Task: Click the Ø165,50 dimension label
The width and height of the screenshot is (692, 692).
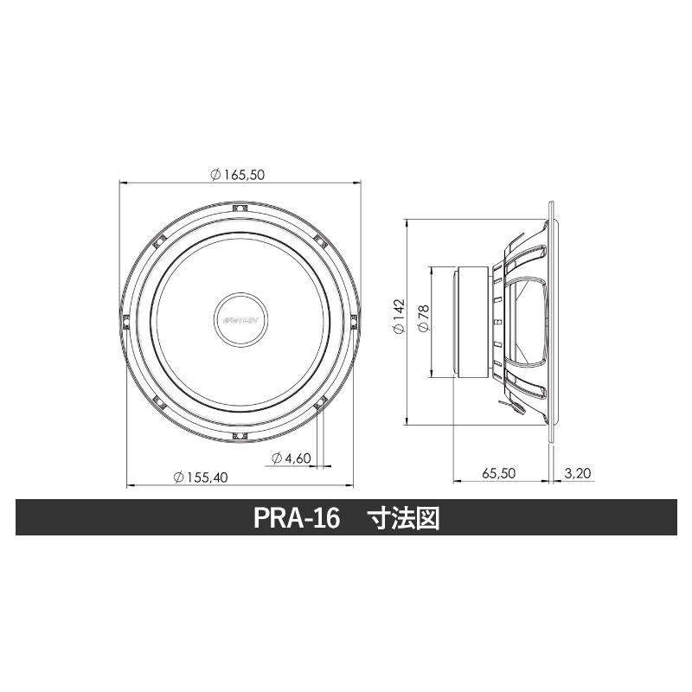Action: click(x=237, y=175)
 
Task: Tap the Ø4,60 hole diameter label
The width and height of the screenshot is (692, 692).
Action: click(x=291, y=458)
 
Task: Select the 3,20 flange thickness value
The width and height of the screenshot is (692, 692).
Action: click(x=577, y=474)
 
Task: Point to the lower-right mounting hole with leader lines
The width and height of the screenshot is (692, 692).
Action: click(x=318, y=400)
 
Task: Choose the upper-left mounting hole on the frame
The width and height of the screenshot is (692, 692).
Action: click(x=159, y=239)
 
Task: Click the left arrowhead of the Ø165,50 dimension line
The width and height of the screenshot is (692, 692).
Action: click(x=122, y=183)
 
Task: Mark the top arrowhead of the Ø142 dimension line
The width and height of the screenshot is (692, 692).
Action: click(x=407, y=223)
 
